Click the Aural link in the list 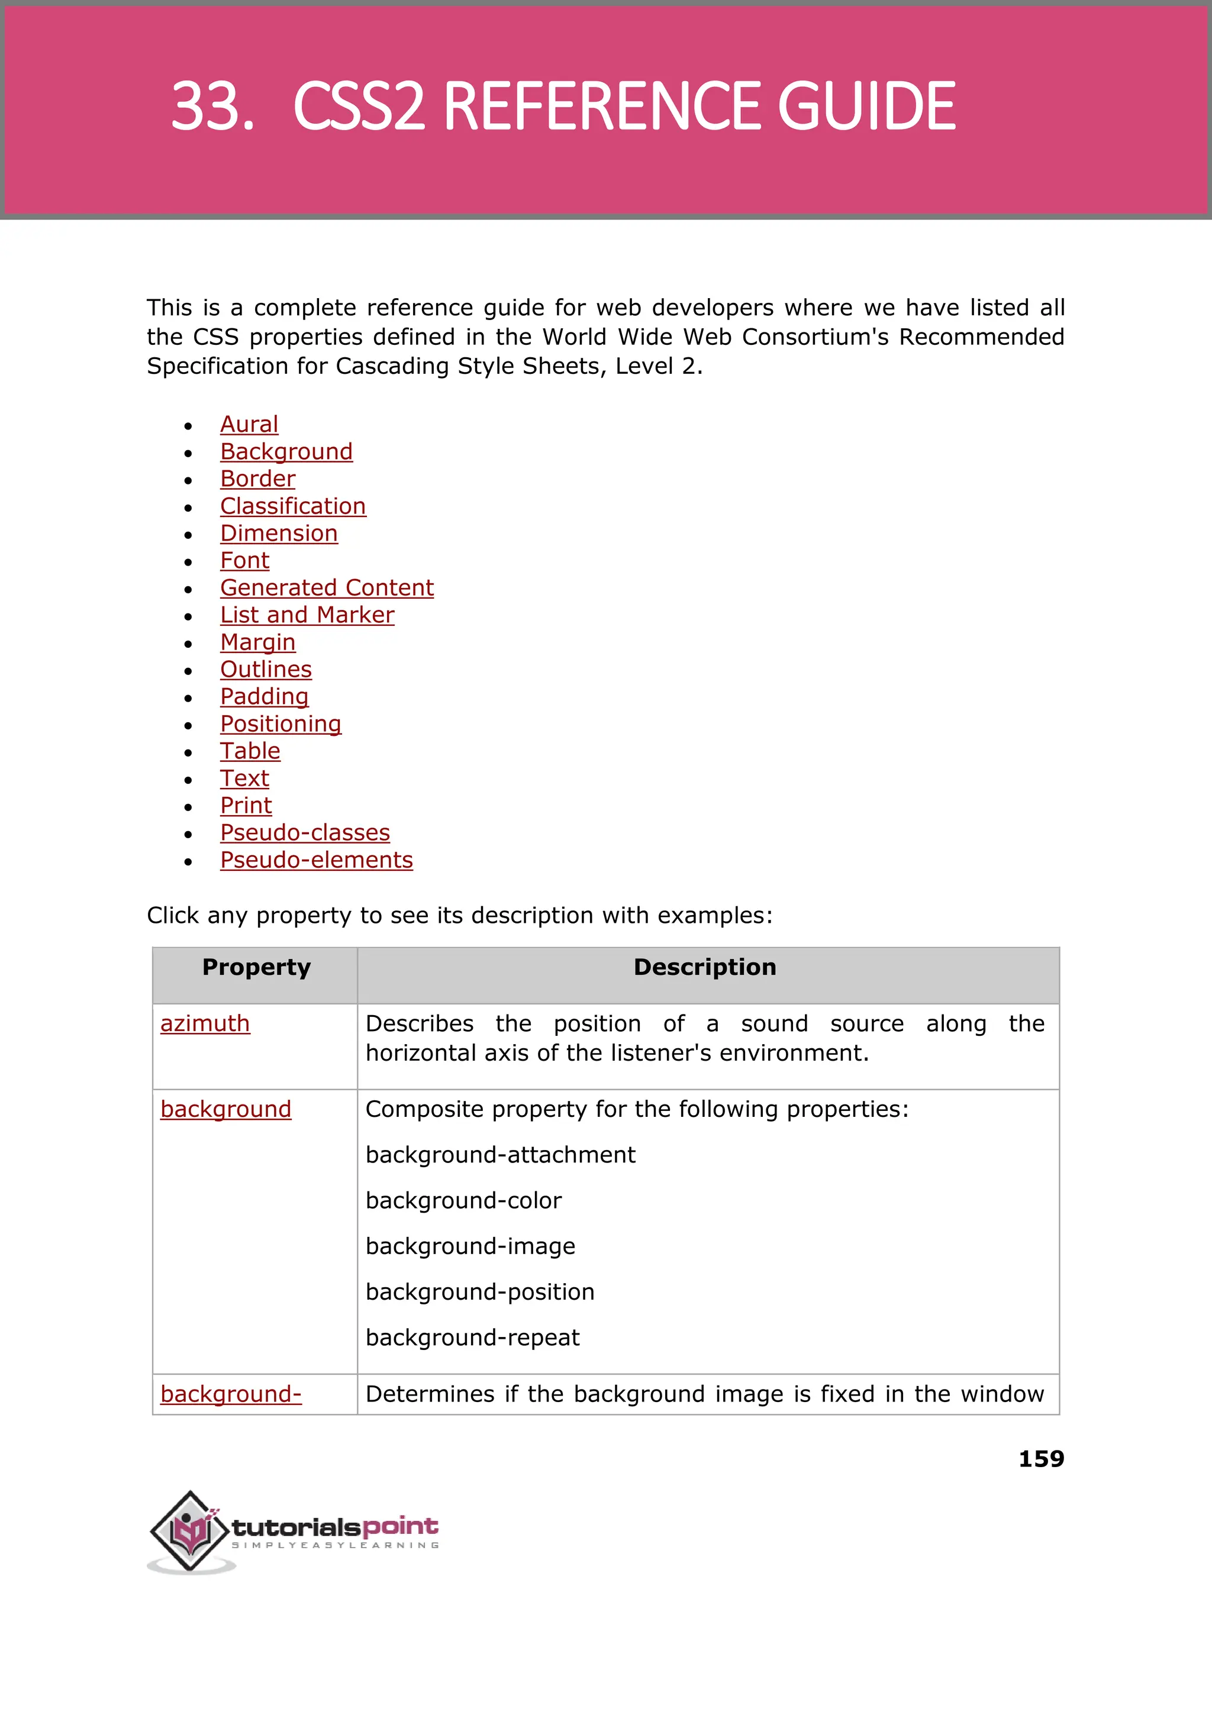tap(249, 425)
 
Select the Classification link tap(292, 506)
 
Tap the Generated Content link tap(326, 588)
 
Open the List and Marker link tap(307, 615)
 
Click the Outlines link tap(266, 670)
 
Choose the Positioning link tap(280, 724)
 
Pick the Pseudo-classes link tap(305, 832)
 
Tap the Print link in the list tap(246, 806)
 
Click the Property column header tap(256, 968)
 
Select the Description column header tap(704, 968)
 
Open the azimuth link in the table tap(205, 1024)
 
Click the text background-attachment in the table tap(500, 1155)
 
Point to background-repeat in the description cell tap(472, 1338)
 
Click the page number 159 tap(1040, 1459)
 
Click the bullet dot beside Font tap(188, 563)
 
